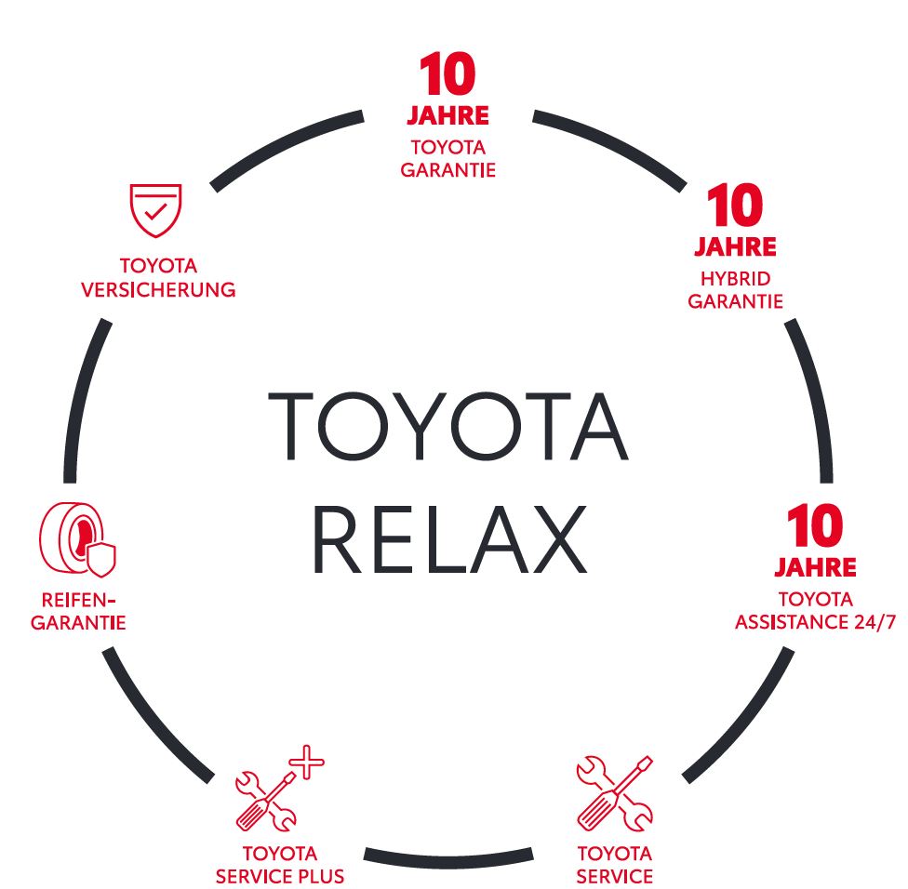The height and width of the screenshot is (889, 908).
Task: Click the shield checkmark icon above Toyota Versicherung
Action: pos(155,211)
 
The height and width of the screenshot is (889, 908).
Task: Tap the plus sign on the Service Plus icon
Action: pos(306,766)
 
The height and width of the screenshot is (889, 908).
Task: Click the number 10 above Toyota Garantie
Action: pos(447,75)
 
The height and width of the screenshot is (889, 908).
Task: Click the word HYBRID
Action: pos(735,278)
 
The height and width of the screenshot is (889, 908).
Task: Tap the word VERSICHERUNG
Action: pos(158,289)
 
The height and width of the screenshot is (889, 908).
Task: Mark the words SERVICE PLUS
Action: pos(280,876)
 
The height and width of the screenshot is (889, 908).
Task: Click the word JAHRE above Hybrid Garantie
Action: pos(735,248)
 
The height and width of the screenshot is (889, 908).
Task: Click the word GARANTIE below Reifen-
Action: pos(78,623)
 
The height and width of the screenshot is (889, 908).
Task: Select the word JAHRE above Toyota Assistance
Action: pos(815,566)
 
